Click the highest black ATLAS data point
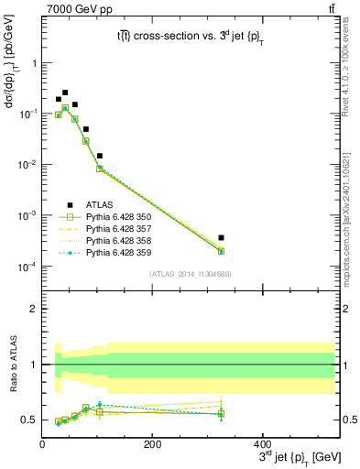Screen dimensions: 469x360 tap(65, 93)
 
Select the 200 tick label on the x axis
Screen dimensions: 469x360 tap(152, 443)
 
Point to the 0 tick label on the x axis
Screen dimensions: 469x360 tap(42, 443)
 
